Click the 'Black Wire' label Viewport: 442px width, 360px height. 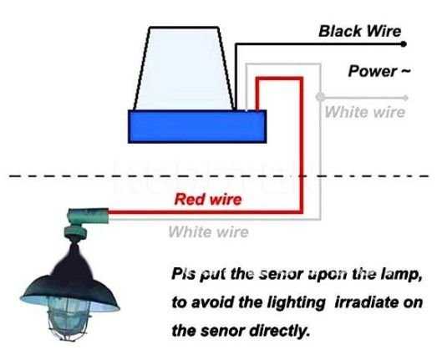tap(359, 31)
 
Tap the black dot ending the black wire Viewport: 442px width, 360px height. tap(404, 44)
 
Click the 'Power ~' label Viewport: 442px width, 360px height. tap(379, 71)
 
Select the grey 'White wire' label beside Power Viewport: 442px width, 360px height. tap(365, 112)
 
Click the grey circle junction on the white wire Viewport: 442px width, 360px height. tap(320, 97)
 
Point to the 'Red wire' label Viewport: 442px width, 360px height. tap(208, 199)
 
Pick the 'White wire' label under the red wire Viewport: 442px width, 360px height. tap(208, 232)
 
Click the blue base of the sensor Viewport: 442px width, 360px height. tap(197, 126)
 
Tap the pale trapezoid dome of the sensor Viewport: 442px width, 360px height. tap(184, 68)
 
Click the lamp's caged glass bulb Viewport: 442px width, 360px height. tap(69, 318)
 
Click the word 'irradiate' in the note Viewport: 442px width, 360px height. tap(364, 302)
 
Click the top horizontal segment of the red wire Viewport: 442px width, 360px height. tap(279, 79)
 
